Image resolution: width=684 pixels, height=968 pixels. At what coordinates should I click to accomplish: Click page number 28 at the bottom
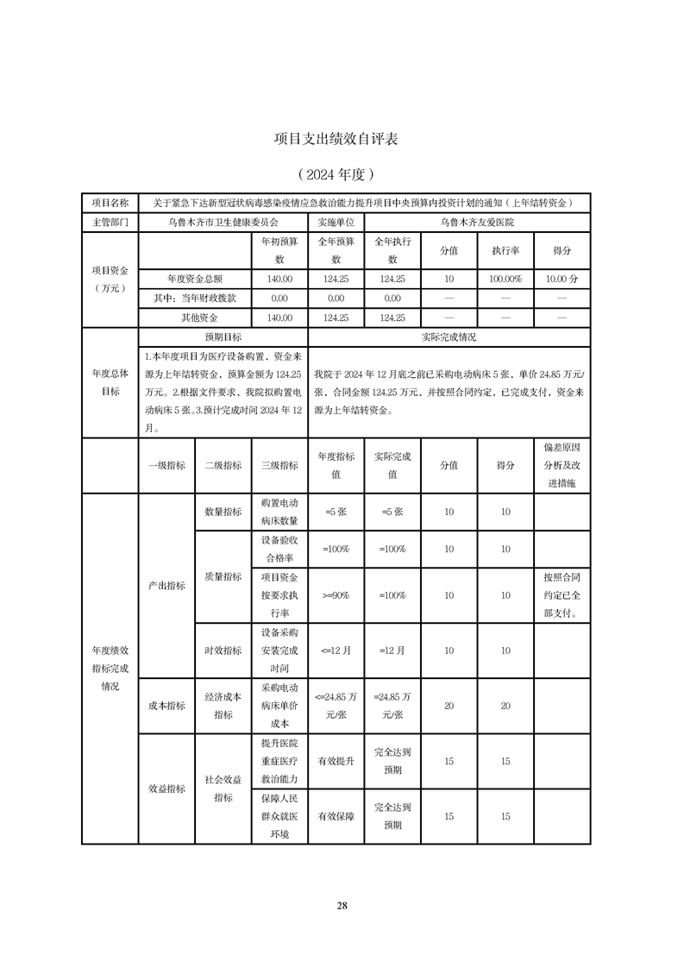click(x=342, y=905)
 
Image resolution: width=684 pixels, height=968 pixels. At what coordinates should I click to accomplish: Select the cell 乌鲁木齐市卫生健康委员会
click(x=223, y=222)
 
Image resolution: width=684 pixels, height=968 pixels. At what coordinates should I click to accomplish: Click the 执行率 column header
click(x=505, y=251)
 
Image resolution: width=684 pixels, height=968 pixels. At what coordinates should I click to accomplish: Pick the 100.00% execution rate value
click(x=505, y=279)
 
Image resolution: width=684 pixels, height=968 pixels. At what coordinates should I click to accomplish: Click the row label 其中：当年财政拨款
click(x=195, y=298)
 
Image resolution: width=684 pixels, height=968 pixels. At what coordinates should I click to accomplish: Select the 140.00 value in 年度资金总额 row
click(x=279, y=279)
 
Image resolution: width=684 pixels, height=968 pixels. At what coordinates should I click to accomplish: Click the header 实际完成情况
click(x=449, y=336)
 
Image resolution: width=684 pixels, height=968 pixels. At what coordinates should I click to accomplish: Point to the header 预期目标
click(x=223, y=336)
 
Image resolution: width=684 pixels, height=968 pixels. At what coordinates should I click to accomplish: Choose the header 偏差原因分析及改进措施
click(x=562, y=464)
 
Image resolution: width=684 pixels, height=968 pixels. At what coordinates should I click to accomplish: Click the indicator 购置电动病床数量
click(x=279, y=512)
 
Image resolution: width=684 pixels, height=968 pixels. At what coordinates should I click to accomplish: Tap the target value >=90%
click(x=336, y=595)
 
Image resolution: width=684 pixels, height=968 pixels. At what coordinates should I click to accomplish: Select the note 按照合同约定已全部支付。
click(x=562, y=595)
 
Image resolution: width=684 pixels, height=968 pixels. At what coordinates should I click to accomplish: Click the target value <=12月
click(x=336, y=651)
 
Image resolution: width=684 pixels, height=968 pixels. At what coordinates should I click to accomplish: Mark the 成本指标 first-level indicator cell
click(x=166, y=706)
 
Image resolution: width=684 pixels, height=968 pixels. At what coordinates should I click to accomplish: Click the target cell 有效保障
click(x=336, y=815)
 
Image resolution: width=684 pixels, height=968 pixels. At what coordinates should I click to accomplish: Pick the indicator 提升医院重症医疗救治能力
click(x=279, y=761)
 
